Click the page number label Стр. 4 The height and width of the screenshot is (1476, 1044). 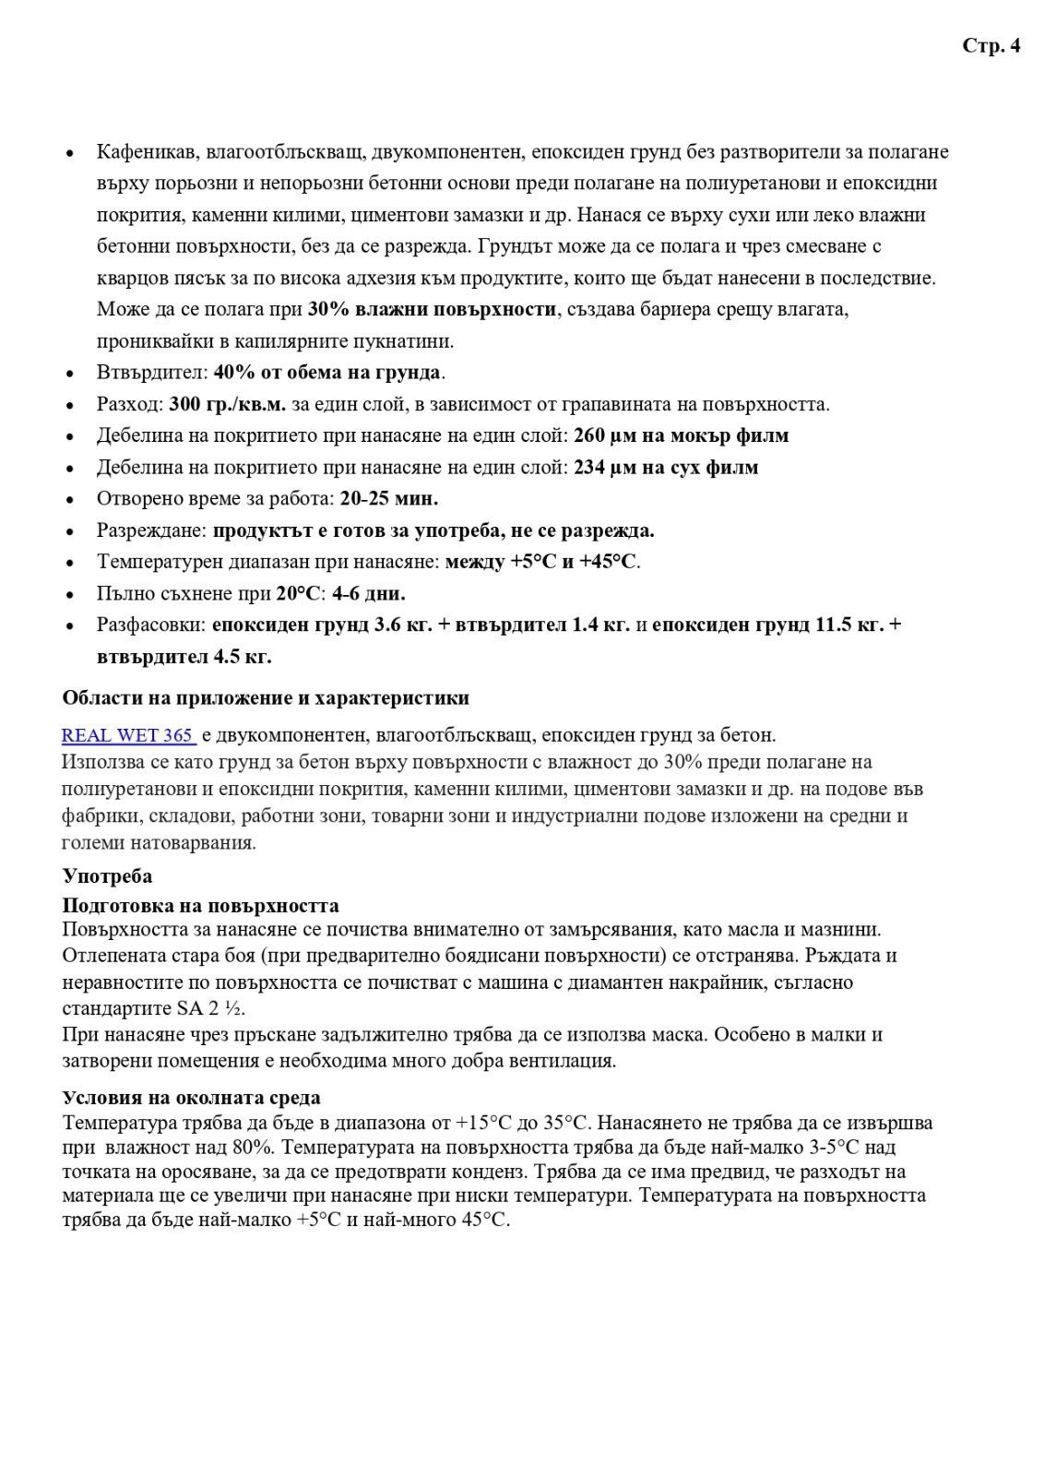click(991, 46)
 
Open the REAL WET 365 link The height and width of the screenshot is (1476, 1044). click(127, 735)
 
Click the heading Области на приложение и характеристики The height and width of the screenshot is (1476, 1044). click(266, 697)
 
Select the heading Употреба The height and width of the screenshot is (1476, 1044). click(107, 875)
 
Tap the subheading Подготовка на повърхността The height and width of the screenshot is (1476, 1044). click(200, 905)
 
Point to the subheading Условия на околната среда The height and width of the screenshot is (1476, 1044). click(191, 1097)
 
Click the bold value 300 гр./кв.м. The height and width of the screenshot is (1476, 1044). click(227, 404)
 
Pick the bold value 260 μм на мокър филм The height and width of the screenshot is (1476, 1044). click(681, 435)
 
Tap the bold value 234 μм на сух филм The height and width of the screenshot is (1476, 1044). click(666, 468)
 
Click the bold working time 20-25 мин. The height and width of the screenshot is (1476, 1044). click(388, 499)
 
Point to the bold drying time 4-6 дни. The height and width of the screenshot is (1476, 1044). click(368, 593)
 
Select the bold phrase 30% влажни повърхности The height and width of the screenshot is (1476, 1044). click(432, 309)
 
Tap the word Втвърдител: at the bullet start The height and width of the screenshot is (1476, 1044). click(152, 373)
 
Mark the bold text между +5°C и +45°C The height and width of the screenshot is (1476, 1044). click(540, 562)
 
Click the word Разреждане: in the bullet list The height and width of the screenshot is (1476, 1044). click(152, 530)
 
